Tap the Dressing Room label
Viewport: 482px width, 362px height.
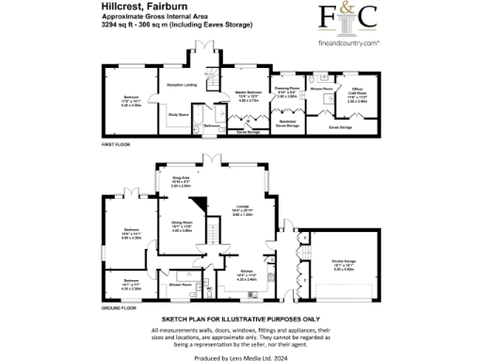pyautogui.click(x=286, y=90)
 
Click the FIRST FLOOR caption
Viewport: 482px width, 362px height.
pyautogui.click(x=113, y=143)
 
